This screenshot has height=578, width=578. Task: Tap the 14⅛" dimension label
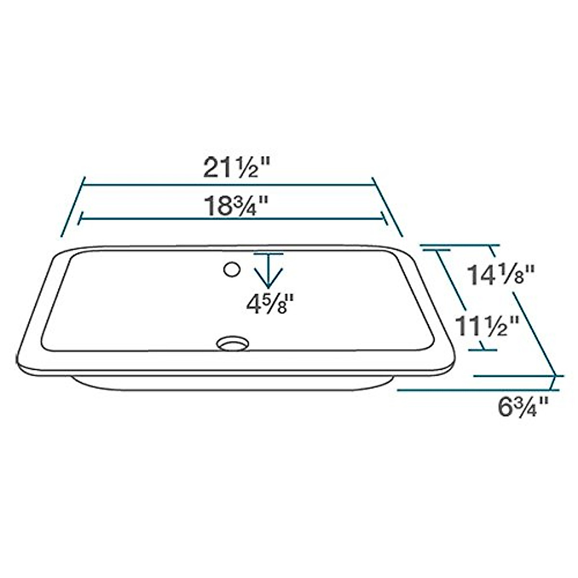[x=501, y=276]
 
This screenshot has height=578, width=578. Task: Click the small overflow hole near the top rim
[x=232, y=269]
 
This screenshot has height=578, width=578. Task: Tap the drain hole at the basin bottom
[x=233, y=343]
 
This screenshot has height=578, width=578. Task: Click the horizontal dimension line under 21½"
[x=229, y=185]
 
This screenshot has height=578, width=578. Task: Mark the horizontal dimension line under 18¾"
[x=233, y=219]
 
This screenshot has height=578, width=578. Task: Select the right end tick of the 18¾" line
[x=384, y=218]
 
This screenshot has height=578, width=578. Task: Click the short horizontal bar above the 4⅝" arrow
[x=268, y=254]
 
